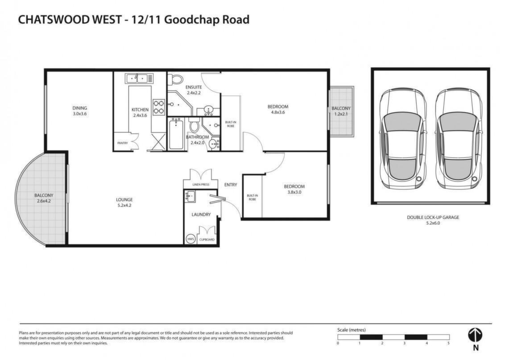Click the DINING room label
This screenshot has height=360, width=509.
tap(80, 108)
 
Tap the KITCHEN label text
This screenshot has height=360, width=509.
tap(140, 110)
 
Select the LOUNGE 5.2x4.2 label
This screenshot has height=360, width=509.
tap(124, 202)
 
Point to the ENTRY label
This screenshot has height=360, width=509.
tap(231, 185)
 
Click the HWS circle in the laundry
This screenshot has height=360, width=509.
tap(190, 239)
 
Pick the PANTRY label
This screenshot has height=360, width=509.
tap(122, 143)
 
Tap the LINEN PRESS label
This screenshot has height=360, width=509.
tap(201, 184)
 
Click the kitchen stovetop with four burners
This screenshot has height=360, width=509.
tap(159, 107)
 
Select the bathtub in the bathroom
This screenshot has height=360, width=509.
tap(176, 134)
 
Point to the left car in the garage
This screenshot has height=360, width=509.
tap(403, 139)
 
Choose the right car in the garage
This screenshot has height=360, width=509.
tap(458, 139)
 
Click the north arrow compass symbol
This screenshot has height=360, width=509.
tap(475, 335)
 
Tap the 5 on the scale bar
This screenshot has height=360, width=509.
tap(449, 343)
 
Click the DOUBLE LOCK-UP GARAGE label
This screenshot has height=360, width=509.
tap(433, 217)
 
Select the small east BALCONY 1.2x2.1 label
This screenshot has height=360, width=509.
tap(341, 111)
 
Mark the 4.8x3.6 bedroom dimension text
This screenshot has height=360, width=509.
tap(278, 112)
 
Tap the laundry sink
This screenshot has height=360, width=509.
tap(190, 197)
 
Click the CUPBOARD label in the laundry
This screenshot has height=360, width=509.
tap(207, 240)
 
